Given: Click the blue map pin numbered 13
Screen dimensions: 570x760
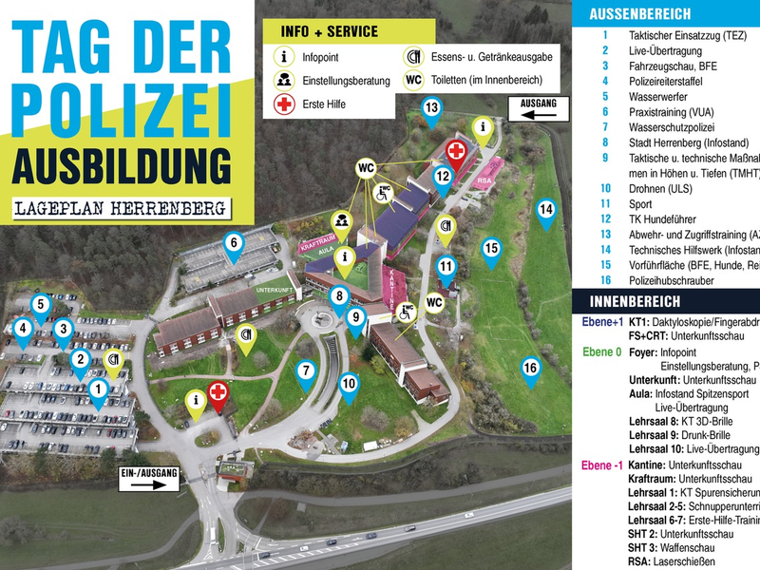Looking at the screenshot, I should click(432, 108).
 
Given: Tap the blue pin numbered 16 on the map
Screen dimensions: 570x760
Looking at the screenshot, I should click(531, 368).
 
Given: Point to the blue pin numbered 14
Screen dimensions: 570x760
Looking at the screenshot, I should click(545, 210).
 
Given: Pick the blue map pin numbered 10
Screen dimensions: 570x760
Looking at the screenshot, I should click(350, 385).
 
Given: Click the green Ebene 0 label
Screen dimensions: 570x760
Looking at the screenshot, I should click(602, 351).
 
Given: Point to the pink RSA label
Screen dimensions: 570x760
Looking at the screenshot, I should click(485, 178).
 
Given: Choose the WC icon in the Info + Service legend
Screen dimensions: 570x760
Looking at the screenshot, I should click(413, 80).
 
